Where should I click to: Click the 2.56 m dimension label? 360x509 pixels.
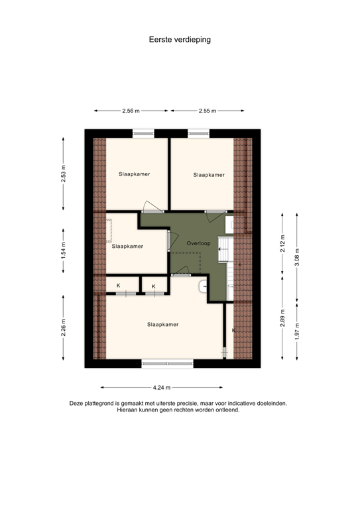coord(131,111)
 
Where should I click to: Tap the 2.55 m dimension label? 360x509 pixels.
coord(208,111)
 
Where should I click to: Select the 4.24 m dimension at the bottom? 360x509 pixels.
coord(161,387)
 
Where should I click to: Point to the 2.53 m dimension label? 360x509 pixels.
coord(64,174)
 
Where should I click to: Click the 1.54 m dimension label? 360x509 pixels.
coord(64,251)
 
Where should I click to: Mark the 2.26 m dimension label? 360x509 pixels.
coord(64,329)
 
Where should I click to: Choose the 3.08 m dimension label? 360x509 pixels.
coord(296,256)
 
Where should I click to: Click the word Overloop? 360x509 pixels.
coord(198,243)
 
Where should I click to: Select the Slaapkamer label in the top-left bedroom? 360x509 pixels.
coord(134,174)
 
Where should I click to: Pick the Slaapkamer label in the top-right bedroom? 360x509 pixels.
coord(209,175)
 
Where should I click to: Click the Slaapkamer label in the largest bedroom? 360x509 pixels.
coord(162,324)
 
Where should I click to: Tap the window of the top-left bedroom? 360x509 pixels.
coord(143,133)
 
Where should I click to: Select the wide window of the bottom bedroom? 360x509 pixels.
coord(167,363)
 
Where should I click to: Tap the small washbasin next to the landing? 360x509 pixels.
coord(203,286)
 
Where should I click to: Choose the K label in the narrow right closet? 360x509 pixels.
coord(233,329)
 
